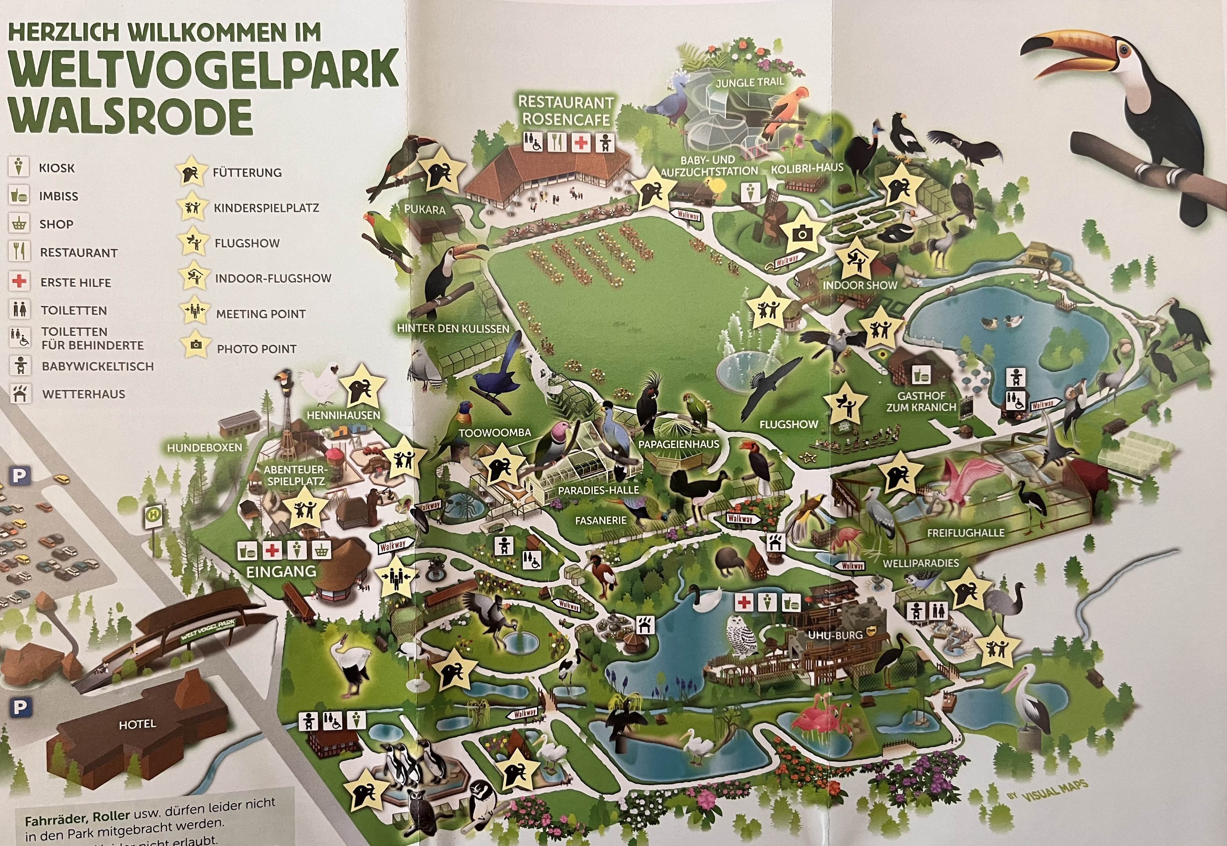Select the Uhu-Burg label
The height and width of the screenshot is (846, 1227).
click(835, 634)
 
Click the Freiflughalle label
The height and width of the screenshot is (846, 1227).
click(965, 533)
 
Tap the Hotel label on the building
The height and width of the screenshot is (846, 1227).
click(137, 724)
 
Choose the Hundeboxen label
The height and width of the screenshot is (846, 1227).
click(204, 447)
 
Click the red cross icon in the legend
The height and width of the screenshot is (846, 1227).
click(20, 281)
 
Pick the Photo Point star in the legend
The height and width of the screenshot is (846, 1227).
click(195, 345)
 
